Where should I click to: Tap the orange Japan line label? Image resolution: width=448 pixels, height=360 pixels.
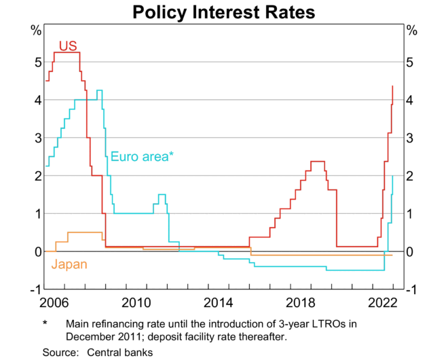pyautogui.click(x=69, y=264)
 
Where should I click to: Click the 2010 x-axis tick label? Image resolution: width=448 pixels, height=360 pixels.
pyautogui.click(x=136, y=301)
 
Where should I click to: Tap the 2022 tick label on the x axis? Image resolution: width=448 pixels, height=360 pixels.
pyautogui.click(x=383, y=301)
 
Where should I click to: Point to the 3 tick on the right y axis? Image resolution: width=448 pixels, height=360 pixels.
pyautogui.click(x=410, y=138)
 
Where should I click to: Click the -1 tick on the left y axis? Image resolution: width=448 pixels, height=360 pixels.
pyautogui.click(x=33, y=289)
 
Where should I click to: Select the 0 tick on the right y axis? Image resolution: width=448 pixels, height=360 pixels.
pyautogui.click(x=410, y=252)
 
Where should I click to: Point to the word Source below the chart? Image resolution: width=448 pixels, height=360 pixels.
pyautogui.click(x=59, y=352)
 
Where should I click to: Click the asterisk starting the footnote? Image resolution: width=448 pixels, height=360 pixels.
pyautogui.click(x=45, y=324)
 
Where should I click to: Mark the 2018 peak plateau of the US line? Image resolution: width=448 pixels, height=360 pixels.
pyautogui.click(x=317, y=162)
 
